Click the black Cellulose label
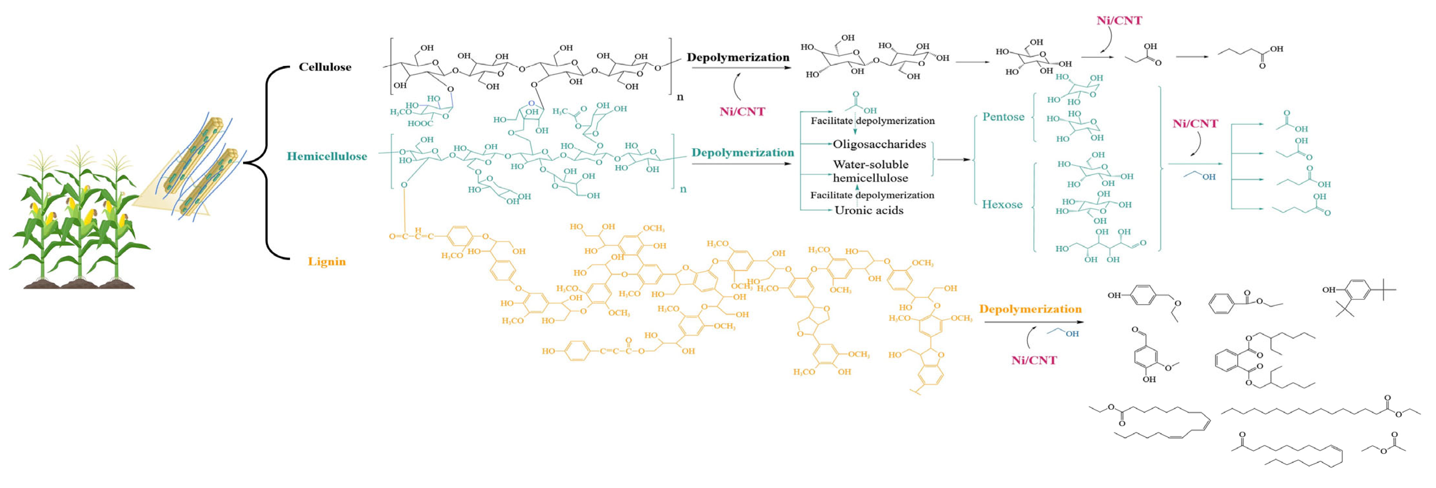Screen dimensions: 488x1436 [x=325, y=67]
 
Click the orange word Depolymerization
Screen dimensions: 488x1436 [x=1030, y=309]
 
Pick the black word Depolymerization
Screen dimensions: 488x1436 [x=737, y=57]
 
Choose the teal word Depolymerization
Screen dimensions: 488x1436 [x=743, y=152]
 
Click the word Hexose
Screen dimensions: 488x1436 [x=1002, y=204]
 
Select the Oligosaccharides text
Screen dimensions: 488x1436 [x=879, y=144]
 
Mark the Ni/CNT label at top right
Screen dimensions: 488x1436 [x=1119, y=20]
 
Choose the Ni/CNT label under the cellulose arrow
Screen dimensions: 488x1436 [x=742, y=112]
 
